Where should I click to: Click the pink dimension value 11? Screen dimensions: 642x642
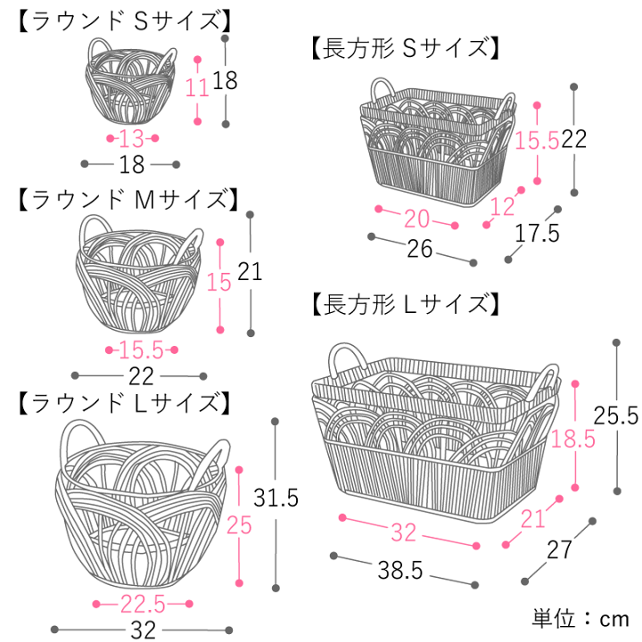197,87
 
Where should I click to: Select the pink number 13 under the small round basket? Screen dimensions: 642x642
131,139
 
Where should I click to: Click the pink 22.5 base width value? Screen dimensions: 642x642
143,604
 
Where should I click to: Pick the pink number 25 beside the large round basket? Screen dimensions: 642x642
239,525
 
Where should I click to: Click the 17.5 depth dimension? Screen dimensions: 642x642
537,234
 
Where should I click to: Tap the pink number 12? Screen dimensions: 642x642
504,207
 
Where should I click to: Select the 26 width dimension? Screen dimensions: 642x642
419,249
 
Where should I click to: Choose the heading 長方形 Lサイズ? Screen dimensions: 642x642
402,305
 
